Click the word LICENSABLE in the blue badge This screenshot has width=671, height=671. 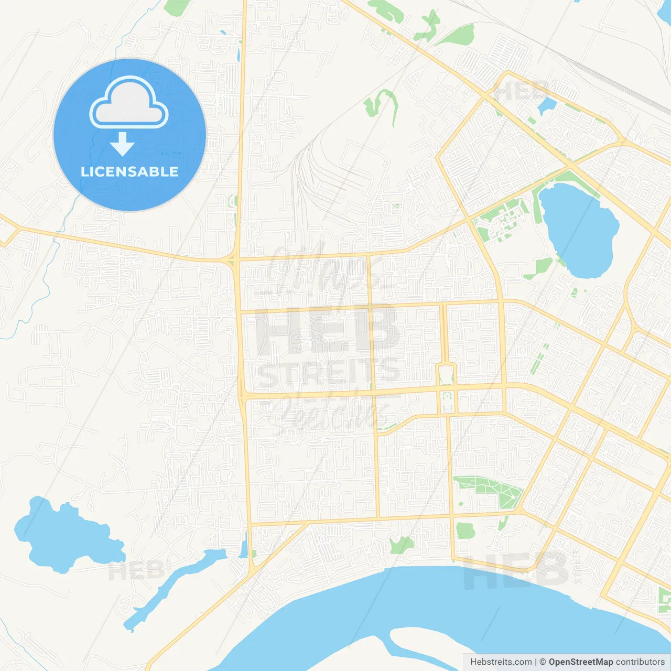click(x=129, y=171)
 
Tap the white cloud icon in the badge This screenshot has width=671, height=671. click(x=129, y=103)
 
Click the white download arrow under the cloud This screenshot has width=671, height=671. click(x=122, y=145)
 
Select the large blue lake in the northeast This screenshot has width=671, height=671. click(x=579, y=228)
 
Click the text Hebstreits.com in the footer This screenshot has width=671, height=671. click(x=501, y=662)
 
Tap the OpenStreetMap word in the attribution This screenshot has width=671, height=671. click(x=581, y=662)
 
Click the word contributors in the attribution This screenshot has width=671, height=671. click(x=640, y=662)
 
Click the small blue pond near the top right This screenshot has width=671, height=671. click(x=546, y=105)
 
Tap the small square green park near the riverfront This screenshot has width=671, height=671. click(x=464, y=531)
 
